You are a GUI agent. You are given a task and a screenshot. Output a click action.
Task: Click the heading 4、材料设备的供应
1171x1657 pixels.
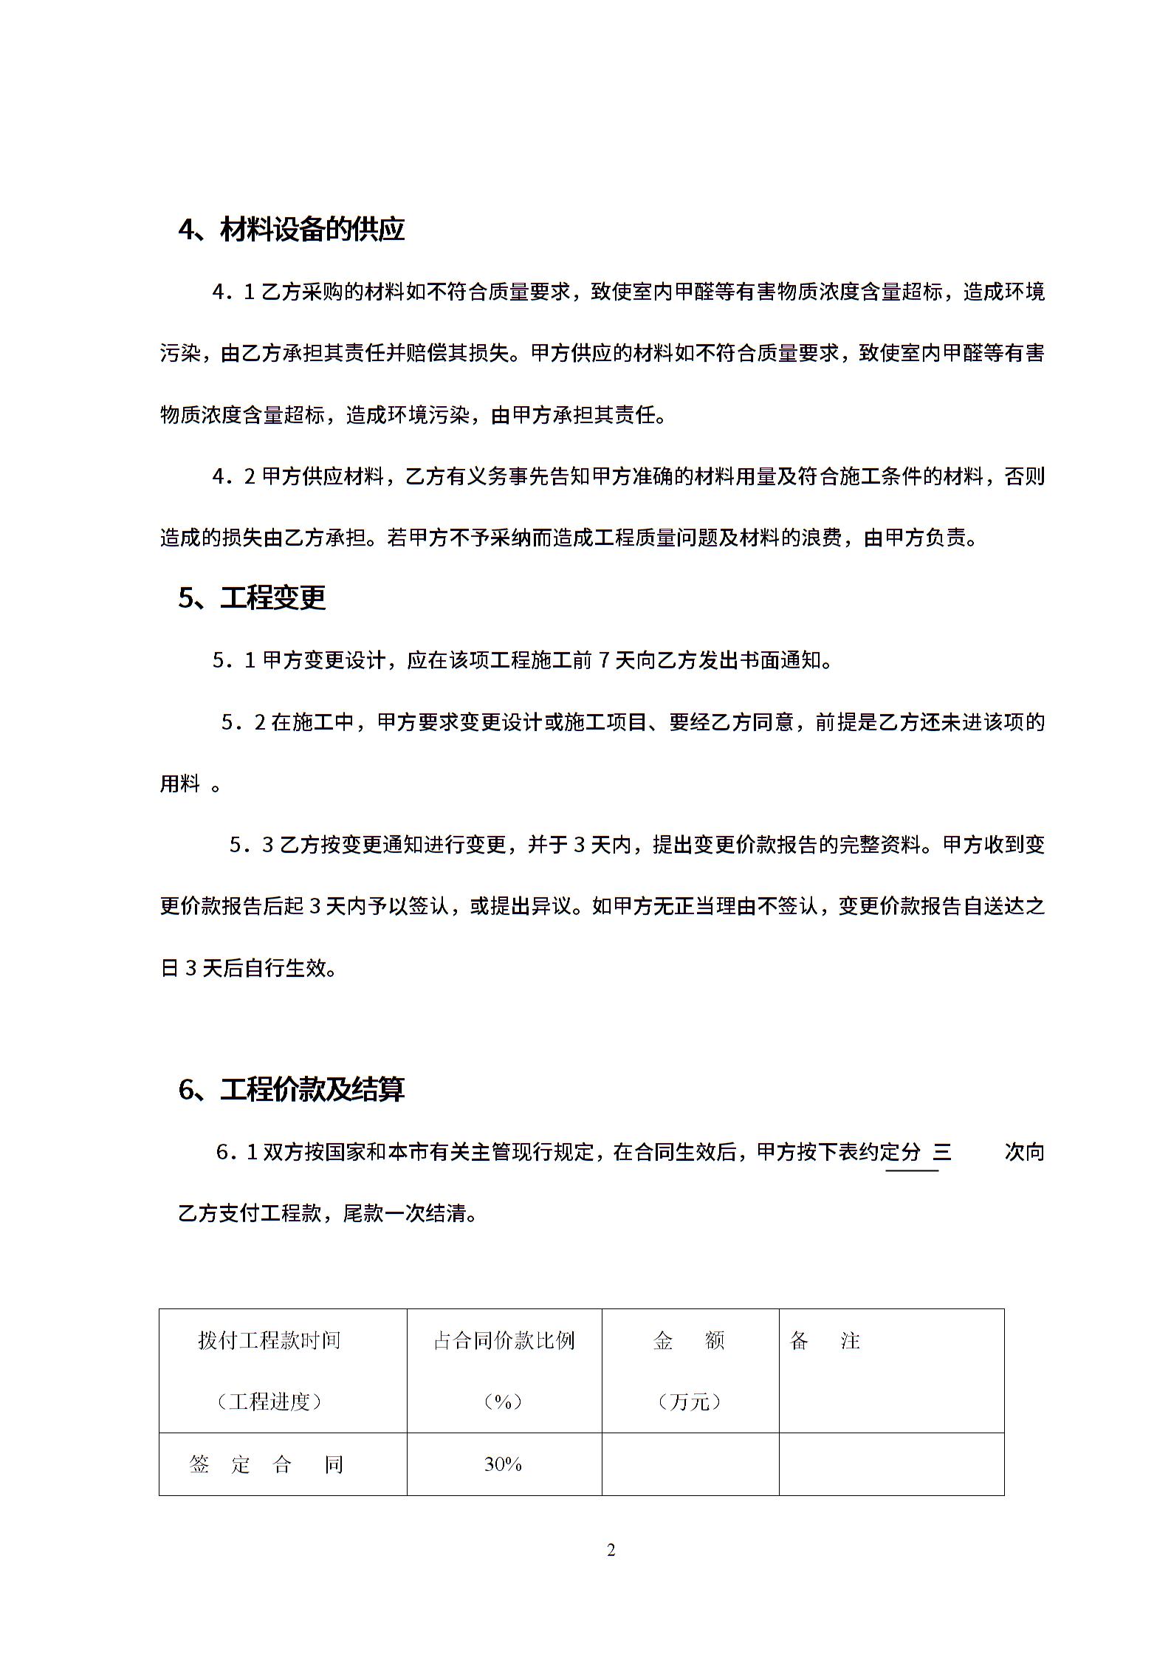coord(291,230)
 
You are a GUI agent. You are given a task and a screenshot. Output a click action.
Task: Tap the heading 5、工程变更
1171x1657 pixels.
coord(252,597)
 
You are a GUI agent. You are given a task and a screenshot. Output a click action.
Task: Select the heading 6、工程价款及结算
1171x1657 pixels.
coord(291,1089)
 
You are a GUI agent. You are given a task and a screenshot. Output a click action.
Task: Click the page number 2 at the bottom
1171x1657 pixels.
coord(611,1551)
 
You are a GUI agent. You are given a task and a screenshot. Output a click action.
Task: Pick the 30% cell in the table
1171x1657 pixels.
coord(504,1464)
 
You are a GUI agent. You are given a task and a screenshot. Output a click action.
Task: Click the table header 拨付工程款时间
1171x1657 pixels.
coord(269,1340)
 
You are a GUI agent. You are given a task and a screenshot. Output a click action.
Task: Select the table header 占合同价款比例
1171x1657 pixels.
coord(504,1340)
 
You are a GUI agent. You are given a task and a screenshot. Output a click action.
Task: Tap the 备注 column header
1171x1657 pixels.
coord(825,1340)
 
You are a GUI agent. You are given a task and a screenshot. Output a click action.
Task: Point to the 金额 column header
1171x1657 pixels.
coord(689,1340)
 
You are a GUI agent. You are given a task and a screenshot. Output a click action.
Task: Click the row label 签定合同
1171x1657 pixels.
coord(267,1464)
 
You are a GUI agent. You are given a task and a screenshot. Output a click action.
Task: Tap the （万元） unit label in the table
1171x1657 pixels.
coord(689,1401)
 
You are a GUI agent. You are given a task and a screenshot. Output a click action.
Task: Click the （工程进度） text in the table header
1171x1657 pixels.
coord(269,1401)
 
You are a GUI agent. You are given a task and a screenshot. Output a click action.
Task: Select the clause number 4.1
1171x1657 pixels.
coord(233,292)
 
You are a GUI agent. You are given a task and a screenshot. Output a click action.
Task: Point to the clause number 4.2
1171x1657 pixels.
coord(233,477)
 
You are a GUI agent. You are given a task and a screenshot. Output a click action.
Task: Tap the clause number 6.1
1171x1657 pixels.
coord(237,1152)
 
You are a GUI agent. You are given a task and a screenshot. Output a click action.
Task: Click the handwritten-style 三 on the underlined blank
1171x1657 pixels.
coord(942,1152)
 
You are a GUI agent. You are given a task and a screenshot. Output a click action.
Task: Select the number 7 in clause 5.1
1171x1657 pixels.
coord(603,660)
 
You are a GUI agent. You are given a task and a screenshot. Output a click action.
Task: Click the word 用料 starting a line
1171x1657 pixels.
coord(180,783)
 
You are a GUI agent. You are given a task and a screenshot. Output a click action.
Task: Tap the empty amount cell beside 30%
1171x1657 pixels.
coord(690,1464)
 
